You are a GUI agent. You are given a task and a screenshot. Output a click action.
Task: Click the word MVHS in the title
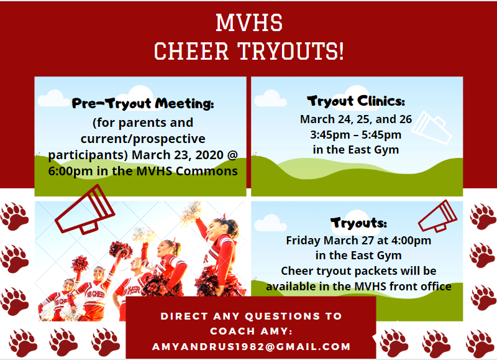pos(249,22)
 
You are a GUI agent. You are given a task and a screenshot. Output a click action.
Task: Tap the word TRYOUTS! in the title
pos(291,51)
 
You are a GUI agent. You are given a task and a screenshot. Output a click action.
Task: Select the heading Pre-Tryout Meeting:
pos(143,103)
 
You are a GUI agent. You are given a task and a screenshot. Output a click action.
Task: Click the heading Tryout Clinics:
pos(356,101)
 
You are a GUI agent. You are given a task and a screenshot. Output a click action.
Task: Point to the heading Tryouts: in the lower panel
pos(358,223)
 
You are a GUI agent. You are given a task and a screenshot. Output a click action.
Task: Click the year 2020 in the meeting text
pos(209,155)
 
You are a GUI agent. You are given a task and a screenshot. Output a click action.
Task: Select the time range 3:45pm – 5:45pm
pos(355,135)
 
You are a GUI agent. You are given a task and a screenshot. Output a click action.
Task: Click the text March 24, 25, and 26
pos(356,119)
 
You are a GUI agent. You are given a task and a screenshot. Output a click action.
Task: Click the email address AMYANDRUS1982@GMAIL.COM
pos(252,346)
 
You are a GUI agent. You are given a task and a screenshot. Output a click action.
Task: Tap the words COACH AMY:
pos(251,331)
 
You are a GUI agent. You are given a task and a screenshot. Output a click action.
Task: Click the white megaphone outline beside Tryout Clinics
pos(432,127)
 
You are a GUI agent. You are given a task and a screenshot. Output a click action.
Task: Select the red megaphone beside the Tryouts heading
pos(438,216)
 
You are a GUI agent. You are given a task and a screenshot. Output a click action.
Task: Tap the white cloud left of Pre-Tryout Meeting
pos(53,98)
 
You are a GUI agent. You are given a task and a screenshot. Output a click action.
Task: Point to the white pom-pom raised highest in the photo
pos(191,210)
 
